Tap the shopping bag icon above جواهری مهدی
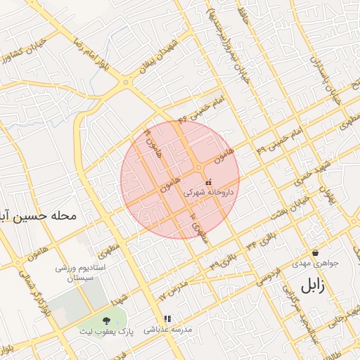pyautogui.click(x=315, y=252)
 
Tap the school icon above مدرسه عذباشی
pyautogui.click(x=167, y=319)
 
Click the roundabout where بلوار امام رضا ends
pyautogui.click(x=126, y=83)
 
